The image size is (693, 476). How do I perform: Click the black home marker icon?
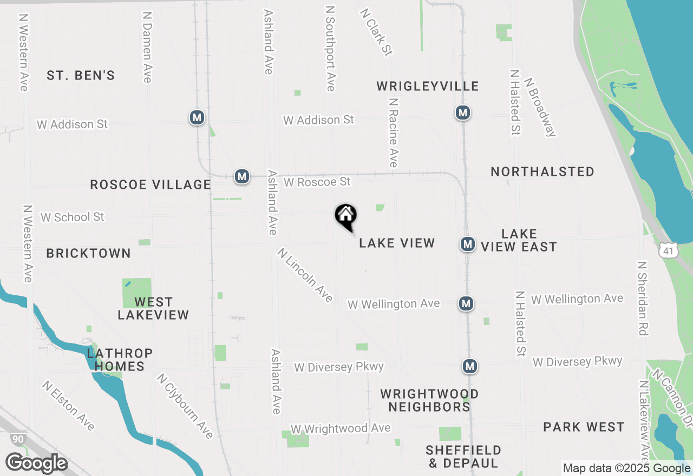coord(346,216)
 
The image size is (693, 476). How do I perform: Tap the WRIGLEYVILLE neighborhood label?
coord(428,86)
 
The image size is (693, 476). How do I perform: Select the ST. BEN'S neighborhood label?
coord(81,75)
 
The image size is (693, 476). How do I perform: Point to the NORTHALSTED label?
coord(542,171)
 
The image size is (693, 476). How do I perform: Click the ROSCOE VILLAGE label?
coord(151,184)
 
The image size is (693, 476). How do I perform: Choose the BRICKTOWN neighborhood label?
coord(88,253)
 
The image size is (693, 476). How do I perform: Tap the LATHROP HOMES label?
coord(120,360)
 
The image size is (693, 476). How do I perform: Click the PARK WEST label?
coord(584,427)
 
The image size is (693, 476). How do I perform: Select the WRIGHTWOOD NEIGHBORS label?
coord(429,400)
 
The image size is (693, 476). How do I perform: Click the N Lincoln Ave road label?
coord(305,275)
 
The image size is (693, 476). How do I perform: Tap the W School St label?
coord(73,217)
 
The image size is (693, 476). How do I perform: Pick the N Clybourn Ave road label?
coord(185,406)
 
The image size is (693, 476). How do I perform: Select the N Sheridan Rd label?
coord(643,299)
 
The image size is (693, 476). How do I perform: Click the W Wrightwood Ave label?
coord(341,428)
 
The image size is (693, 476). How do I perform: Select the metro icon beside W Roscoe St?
coord(242,176)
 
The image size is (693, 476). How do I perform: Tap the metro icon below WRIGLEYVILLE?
coord(462,113)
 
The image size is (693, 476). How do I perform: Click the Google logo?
coord(36,463)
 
